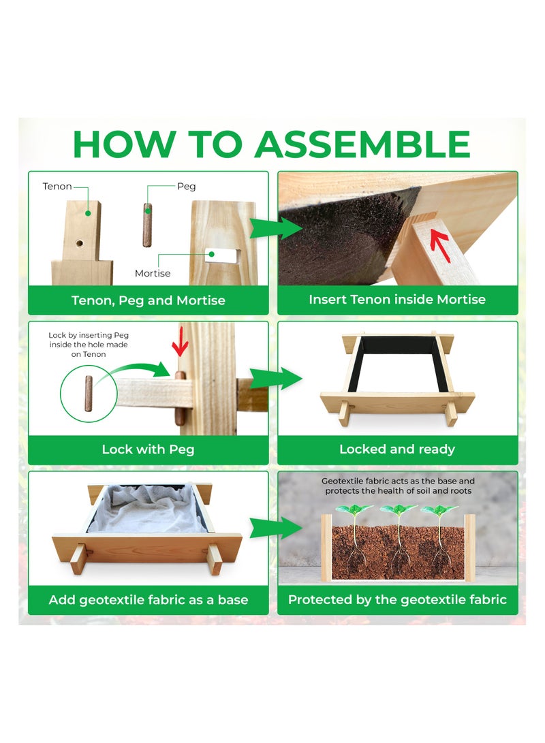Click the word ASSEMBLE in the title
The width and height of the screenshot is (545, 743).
[x=362, y=144]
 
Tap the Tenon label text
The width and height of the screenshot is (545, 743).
[x=57, y=186]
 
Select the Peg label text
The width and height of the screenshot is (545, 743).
[x=186, y=186]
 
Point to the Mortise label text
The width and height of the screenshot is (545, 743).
[x=153, y=273]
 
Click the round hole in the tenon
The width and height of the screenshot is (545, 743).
[x=79, y=243]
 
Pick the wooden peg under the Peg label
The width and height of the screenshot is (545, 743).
[x=147, y=225]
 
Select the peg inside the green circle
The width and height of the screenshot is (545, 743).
[x=89, y=394]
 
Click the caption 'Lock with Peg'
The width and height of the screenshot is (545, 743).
[x=148, y=449]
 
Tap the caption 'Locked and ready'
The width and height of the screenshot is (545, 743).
[x=397, y=449]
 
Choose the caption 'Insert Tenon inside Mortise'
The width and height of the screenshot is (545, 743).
[x=397, y=300]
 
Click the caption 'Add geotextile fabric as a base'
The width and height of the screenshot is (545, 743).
[x=149, y=600]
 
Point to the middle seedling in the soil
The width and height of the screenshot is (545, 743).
[x=398, y=540]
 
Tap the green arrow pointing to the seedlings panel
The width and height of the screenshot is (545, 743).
[x=276, y=527]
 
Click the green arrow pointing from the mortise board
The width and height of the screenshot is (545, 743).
[x=276, y=228]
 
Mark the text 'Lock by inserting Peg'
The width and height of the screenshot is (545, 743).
[x=89, y=335]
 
